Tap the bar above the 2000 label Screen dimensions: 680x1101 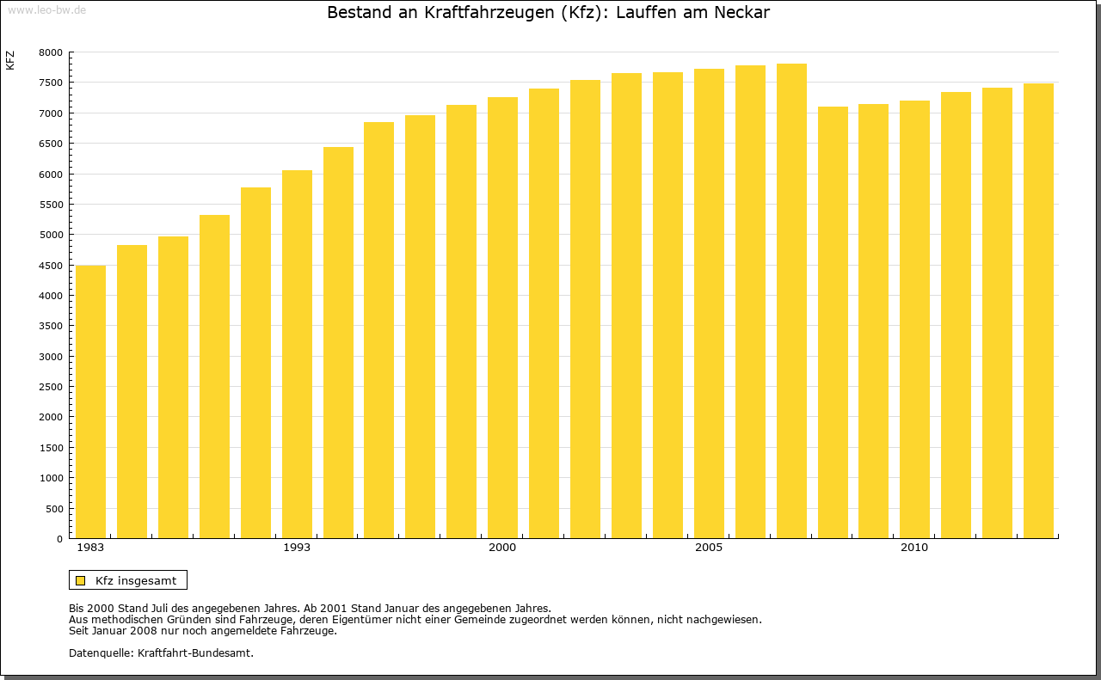tap(502, 317)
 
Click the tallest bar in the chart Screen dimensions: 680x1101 tap(791, 301)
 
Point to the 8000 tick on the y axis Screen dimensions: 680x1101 tap(51, 52)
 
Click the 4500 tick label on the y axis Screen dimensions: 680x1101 tap(51, 266)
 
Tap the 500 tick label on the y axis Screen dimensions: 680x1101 tap(53, 509)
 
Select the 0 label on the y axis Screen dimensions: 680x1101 tap(58, 539)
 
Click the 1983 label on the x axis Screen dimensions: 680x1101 tap(90, 548)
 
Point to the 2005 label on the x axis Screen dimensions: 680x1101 tap(709, 548)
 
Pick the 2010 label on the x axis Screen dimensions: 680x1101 tap(914, 548)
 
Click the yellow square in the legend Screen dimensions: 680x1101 tap(81, 580)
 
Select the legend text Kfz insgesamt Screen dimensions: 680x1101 tap(136, 580)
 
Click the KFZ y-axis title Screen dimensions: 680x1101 tap(10, 60)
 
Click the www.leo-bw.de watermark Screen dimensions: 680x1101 tap(46, 9)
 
